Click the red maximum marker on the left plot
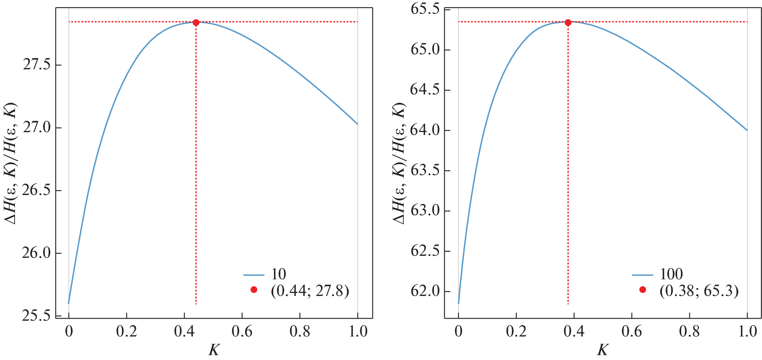(x=196, y=23)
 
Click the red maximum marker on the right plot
(x=568, y=23)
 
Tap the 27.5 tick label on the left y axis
(x=37, y=65)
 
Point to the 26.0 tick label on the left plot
(x=37, y=253)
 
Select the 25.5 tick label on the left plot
(x=37, y=316)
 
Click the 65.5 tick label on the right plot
(x=425, y=9)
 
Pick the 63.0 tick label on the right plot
(x=425, y=211)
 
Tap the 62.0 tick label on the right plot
(x=425, y=291)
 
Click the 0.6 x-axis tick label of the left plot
(x=242, y=332)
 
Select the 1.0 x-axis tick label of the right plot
(x=747, y=332)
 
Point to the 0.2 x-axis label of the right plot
(x=516, y=332)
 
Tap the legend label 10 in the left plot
(x=278, y=274)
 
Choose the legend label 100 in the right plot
(x=671, y=274)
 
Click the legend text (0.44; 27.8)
(x=310, y=291)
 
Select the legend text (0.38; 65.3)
(x=699, y=291)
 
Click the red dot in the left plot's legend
(x=254, y=290)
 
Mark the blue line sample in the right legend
(x=642, y=275)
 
